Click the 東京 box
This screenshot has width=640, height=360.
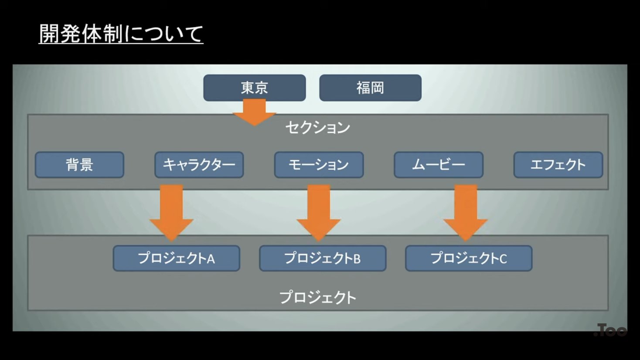254,88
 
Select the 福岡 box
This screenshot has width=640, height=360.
370,88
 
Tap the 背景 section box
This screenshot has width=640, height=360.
79,165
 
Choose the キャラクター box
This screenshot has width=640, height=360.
199,165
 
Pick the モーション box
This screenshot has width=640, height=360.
319,165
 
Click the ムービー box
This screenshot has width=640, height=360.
438,165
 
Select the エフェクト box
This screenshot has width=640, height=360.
558,165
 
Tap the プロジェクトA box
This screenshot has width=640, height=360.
176,258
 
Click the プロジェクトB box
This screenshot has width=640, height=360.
323,258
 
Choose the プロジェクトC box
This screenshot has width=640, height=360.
469,258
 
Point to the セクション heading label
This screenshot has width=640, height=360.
318,128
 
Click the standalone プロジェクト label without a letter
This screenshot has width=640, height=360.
318,298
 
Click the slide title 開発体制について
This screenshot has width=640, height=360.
121,34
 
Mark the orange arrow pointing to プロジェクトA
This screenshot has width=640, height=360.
171,211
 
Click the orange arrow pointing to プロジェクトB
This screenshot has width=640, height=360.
319,211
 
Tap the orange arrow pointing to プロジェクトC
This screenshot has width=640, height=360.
466,211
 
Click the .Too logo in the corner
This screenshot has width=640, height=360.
610,330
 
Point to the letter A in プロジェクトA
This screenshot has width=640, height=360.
211,259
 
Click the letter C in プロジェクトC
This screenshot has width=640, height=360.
503,259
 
